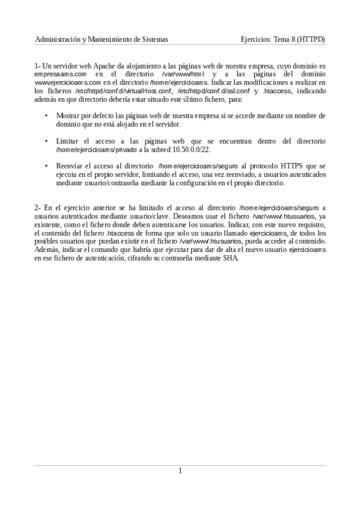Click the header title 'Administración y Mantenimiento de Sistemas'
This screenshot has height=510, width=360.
[x=102, y=39]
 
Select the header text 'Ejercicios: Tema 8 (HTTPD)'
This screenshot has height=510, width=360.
[x=282, y=39]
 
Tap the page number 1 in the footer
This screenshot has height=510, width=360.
[x=180, y=470]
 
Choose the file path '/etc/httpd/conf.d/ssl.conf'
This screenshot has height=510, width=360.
[x=213, y=91]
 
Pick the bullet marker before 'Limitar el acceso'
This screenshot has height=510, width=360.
[x=46, y=141]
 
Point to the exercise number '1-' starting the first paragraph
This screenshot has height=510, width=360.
[x=38, y=65]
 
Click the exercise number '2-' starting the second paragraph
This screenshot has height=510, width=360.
[x=38, y=207]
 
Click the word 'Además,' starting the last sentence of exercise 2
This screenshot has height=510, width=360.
[x=47, y=250]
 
